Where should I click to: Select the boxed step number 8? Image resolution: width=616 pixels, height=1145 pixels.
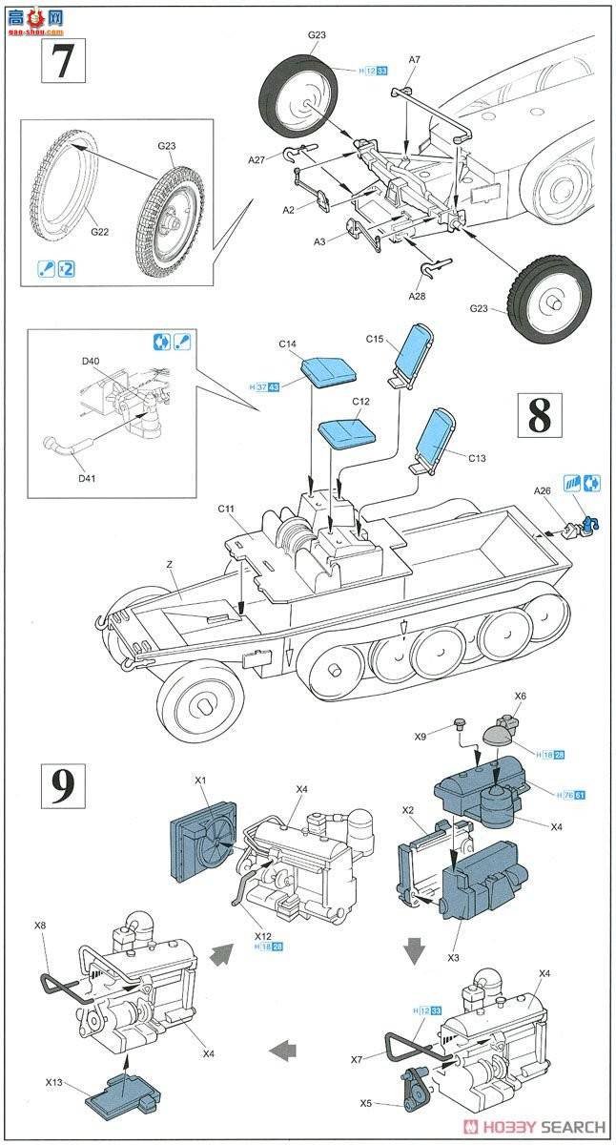(539, 416)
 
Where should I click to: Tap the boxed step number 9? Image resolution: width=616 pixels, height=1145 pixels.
(60, 784)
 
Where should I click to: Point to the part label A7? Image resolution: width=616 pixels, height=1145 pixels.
(414, 59)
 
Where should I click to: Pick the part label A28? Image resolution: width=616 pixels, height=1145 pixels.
(417, 297)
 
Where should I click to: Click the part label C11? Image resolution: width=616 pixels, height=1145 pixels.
(226, 510)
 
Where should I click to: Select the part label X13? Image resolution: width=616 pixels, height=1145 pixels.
(55, 1083)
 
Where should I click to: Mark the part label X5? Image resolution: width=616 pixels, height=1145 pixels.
(367, 1103)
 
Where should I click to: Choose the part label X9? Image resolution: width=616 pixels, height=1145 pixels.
(420, 737)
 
